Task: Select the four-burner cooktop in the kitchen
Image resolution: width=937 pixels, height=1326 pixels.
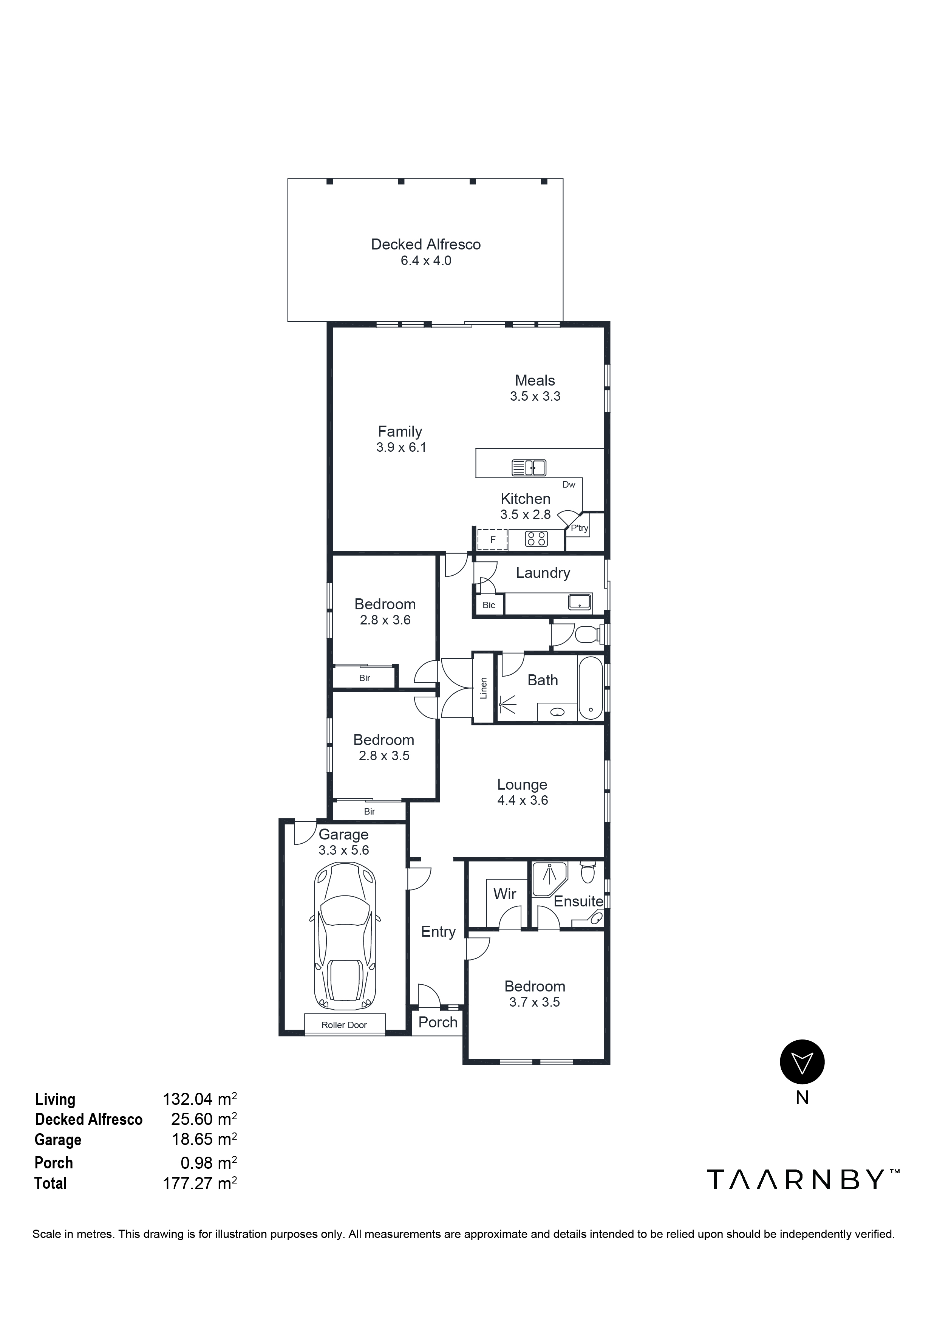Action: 536,539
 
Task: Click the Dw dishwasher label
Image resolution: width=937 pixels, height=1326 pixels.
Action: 569,485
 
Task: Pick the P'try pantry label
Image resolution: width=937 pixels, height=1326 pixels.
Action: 579,528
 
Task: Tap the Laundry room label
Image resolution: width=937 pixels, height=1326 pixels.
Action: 543,573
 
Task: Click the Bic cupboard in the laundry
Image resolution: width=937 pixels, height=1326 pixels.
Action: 489,605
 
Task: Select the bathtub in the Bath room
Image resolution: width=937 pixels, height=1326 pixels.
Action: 590,687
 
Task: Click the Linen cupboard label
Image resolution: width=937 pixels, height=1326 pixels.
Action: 484,688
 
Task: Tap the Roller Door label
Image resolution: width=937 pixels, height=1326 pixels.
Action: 344,1024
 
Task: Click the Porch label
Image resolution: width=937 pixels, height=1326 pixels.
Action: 438,1022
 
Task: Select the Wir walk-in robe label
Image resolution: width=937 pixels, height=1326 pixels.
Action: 505,894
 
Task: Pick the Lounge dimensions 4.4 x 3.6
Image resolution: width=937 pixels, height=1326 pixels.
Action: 523,801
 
